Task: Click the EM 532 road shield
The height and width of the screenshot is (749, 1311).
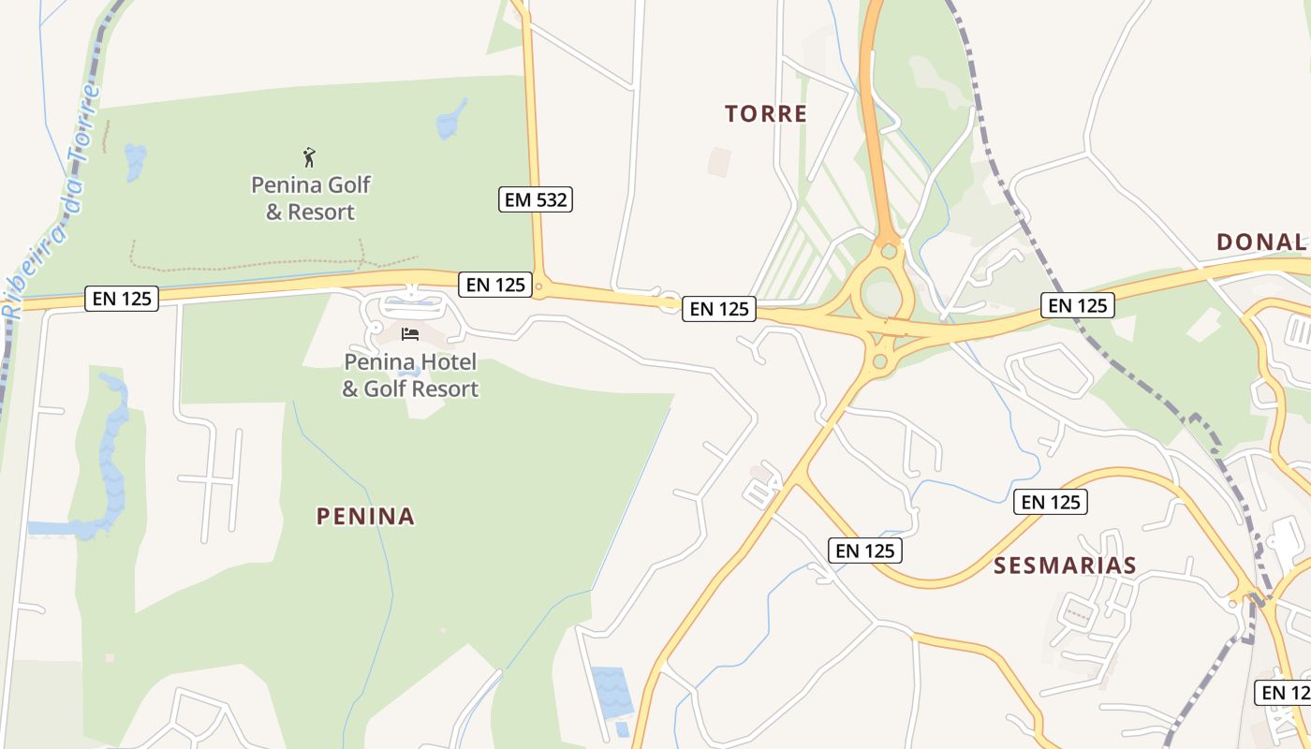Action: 535,199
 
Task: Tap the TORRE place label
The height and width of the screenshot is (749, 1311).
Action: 765,114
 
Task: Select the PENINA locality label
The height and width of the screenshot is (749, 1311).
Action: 365,516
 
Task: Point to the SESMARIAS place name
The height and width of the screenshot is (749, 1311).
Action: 1065,565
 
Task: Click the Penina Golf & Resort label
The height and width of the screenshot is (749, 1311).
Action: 311,198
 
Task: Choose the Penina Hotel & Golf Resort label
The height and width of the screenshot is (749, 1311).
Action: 410,374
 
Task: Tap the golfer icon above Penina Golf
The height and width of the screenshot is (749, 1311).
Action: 309,157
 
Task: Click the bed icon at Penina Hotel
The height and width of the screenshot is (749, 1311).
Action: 409,333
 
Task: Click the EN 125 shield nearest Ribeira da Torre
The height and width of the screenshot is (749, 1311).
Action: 122,299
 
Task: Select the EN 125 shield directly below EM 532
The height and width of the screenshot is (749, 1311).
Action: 495,285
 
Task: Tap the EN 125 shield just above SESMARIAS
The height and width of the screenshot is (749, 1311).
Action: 1050,502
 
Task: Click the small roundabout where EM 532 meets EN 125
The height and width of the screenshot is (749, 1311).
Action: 538,287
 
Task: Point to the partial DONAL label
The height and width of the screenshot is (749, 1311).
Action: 1260,242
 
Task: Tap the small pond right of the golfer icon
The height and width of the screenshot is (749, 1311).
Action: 451,120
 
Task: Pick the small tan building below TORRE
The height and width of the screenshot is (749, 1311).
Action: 719,161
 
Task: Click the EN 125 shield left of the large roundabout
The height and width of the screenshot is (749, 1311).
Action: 719,309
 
